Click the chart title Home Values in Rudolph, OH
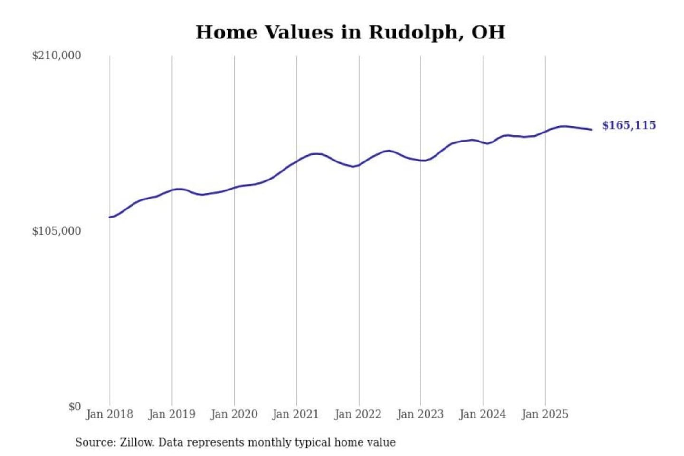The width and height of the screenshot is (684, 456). coord(350,32)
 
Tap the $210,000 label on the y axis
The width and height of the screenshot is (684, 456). coord(56,56)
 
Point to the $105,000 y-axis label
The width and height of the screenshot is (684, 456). coord(56,231)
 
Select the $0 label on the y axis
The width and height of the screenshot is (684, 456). coord(75,407)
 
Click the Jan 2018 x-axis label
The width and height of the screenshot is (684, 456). coord(109,414)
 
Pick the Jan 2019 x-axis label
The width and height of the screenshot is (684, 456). coord(171,414)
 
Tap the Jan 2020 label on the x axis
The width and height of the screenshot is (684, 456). coord(234,414)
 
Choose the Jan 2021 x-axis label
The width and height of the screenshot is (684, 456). coord(295,414)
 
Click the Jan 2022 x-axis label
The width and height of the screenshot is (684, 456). coord(358,414)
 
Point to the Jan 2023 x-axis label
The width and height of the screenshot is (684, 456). coord(420,414)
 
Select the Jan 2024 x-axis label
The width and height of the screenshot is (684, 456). coord(482,414)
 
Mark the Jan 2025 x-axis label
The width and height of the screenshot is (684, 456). coord(544,414)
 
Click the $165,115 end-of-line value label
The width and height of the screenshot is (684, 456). coord(628,125)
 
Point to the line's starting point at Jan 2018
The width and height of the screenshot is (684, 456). coord(110,217)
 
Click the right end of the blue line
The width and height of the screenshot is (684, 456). coord(591,130)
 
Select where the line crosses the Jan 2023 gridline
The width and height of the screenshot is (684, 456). coord(420,161)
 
